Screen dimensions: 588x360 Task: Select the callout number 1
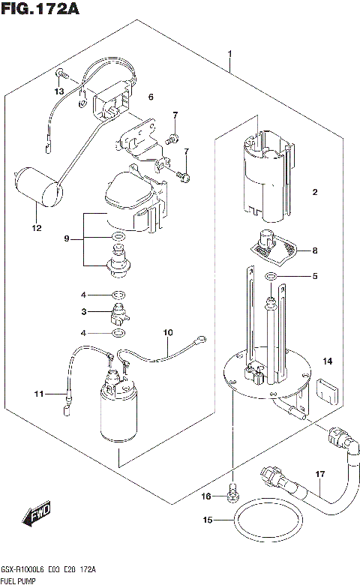pos(230,54)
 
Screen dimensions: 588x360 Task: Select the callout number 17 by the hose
pos(319,473)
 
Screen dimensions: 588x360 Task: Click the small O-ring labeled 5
pos(271,277)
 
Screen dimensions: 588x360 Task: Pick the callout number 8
pos(314,250)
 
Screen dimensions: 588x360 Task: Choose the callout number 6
pos(150,97)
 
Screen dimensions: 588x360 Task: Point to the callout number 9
pos(67,238)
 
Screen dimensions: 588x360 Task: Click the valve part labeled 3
pos(118,313)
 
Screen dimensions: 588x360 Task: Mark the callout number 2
pos(315,192)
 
